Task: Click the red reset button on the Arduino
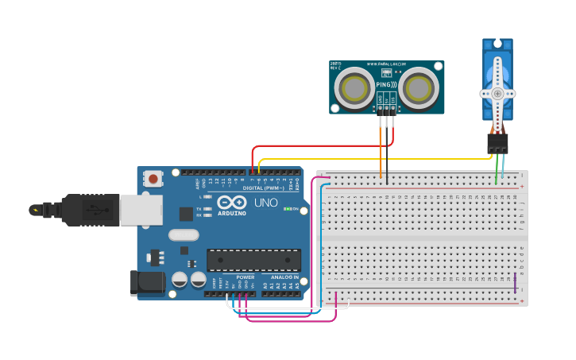click(x=153, y=180)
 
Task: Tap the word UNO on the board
click(x=265, y=203)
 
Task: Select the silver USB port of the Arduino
click(x=140, y=210)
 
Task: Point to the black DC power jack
click(x=147, y=283)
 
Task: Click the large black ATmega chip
click(x=253, y=260)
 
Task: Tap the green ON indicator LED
click(x=286, y=209)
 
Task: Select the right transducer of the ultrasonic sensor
click(x=419, y=88)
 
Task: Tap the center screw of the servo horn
click(x=497, y=93)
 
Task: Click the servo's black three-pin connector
click(x=497, y=144)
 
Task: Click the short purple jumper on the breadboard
click(x=515, y=282)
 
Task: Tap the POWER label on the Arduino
click(x=245, y=277)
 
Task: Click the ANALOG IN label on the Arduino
click(x=284, y=277)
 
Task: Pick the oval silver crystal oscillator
click(x=184, y=234)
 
